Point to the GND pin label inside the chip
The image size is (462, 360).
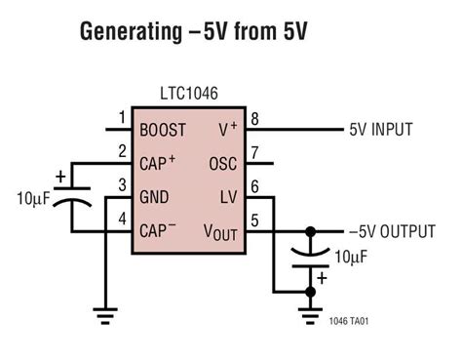(x=156, y=197)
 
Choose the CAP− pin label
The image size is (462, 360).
(x=160, y=231)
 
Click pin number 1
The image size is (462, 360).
(x=122, y=118)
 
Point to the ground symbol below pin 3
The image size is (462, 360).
(x=104, y=314)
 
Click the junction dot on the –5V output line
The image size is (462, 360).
(x=312, y=231)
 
